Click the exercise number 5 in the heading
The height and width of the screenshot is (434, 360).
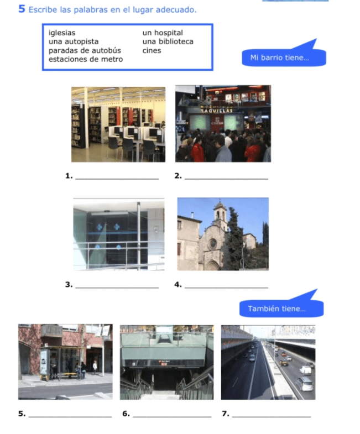(22, 9)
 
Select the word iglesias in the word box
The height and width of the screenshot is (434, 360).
(62, 33)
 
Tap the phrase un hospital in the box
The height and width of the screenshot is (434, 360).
(163, 33)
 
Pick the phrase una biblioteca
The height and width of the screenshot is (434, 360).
(168, 41)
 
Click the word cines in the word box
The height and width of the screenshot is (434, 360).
(152, 50)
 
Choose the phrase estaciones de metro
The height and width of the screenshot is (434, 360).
(86, 59)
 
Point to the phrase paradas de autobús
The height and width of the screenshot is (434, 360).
(85, 50)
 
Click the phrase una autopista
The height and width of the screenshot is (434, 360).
(74, 41)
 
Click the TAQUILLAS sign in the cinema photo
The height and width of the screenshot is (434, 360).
(217, 111)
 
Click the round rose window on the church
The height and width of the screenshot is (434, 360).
(213, 244)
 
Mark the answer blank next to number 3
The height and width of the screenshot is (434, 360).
(117, 288)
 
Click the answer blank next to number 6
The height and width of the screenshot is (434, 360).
(172, 416)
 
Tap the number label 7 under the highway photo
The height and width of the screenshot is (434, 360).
(226, 414)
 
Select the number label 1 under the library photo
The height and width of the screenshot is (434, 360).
(69, 176)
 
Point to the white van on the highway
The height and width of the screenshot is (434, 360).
(305, 370)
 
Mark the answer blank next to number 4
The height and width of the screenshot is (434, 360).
(226, 288)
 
